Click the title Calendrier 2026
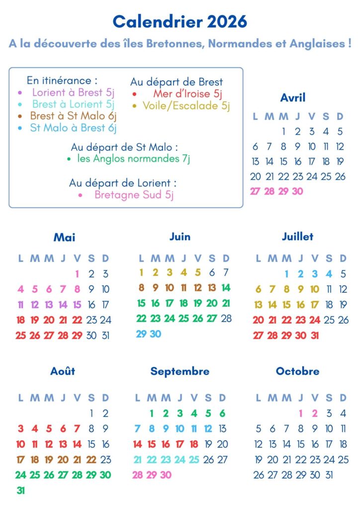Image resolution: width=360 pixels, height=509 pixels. coord(180,21)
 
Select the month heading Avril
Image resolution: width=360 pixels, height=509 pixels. coord(292,97)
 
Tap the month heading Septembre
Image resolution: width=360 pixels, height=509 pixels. coord(180,371)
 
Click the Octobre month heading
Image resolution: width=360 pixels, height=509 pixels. coord(297,371)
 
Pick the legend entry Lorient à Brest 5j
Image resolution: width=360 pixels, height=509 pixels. coord(74,92)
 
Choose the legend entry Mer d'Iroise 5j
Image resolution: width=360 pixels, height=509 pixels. coord(188,93)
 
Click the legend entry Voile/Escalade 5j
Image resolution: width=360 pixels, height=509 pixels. coord(186,105)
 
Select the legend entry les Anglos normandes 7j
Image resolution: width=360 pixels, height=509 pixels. coord(134,159)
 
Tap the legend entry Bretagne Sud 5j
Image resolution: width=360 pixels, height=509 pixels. coord(134,195)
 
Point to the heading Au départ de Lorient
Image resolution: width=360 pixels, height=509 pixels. coord(123,183)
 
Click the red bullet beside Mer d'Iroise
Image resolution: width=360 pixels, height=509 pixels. coord(134,94)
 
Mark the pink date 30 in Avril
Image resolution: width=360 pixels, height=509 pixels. coord(297,191)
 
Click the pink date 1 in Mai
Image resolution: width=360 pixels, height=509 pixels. coord(77,273)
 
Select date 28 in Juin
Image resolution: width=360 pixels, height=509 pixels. coord(226,319)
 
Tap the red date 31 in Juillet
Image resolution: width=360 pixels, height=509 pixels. coord(314,336)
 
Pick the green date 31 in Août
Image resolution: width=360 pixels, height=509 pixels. coord(20,491)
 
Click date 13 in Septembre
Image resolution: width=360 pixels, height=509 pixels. coord(222,428)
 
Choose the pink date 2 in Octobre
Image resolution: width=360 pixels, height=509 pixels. coord(314,413)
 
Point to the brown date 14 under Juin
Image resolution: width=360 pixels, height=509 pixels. coord(226,288)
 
